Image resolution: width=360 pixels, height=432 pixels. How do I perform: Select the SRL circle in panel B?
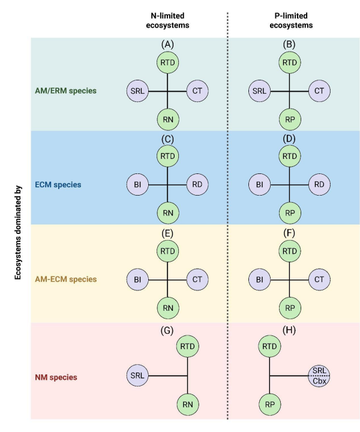pyautogui.click(x=259, y=91)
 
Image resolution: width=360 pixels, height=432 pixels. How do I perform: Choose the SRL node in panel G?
pyautogui.click(x=137, y=375)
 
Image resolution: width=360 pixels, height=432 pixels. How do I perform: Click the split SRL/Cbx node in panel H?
pyautogui.click(x=319, y=376)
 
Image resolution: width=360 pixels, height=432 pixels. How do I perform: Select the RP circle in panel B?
pyautogui.click(x=289, y=120)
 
